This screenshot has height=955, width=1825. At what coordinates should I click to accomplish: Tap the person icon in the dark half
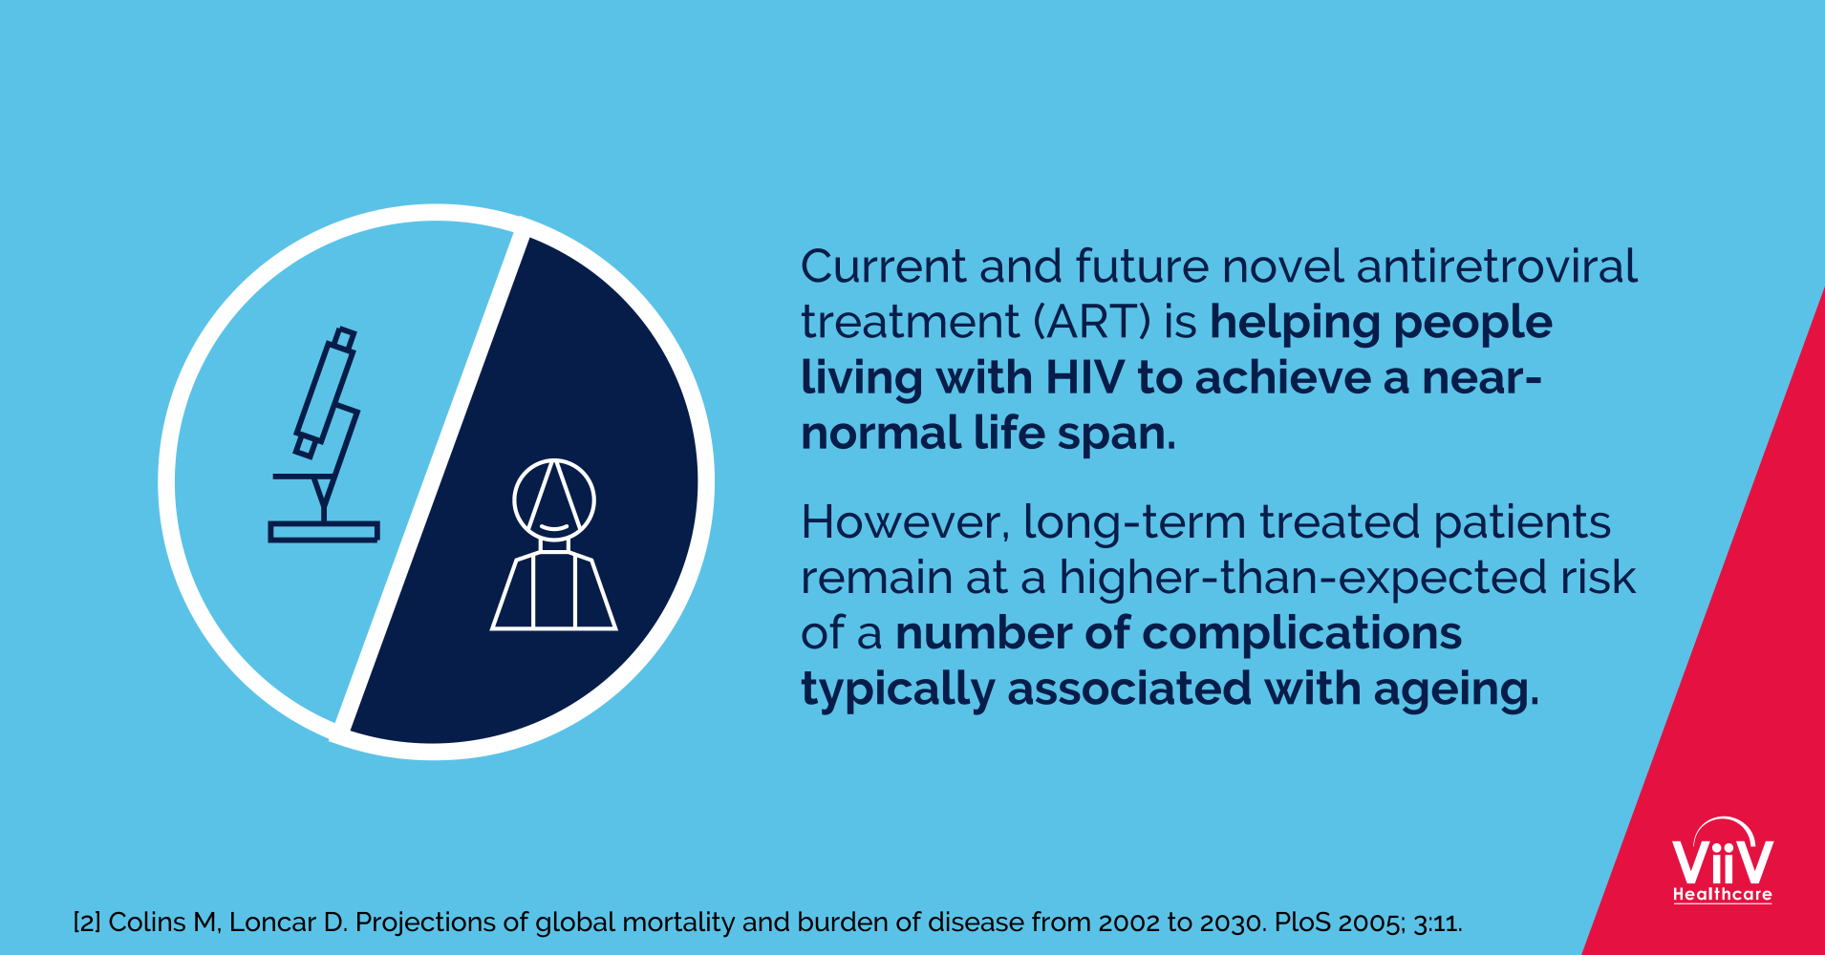pos(554,544)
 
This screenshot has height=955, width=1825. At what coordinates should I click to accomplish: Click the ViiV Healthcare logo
pos(1723,860)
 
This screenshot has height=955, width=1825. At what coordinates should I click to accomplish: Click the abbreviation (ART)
pos(1091,322)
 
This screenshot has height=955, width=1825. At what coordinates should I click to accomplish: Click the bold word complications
pos(1301,633)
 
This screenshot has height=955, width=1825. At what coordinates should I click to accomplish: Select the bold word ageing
pos(1456,690)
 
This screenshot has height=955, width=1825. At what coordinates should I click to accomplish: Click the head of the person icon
pos(554,499)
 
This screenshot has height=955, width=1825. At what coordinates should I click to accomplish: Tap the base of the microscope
pos(324,532)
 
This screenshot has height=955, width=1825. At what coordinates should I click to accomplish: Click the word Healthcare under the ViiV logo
pos(1723,895)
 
